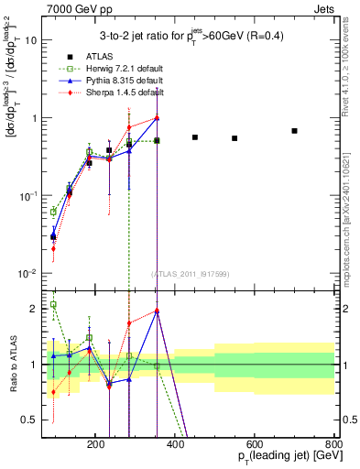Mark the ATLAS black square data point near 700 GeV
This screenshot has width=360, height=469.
[294, 131]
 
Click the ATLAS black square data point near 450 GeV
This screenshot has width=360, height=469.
[195, 137]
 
